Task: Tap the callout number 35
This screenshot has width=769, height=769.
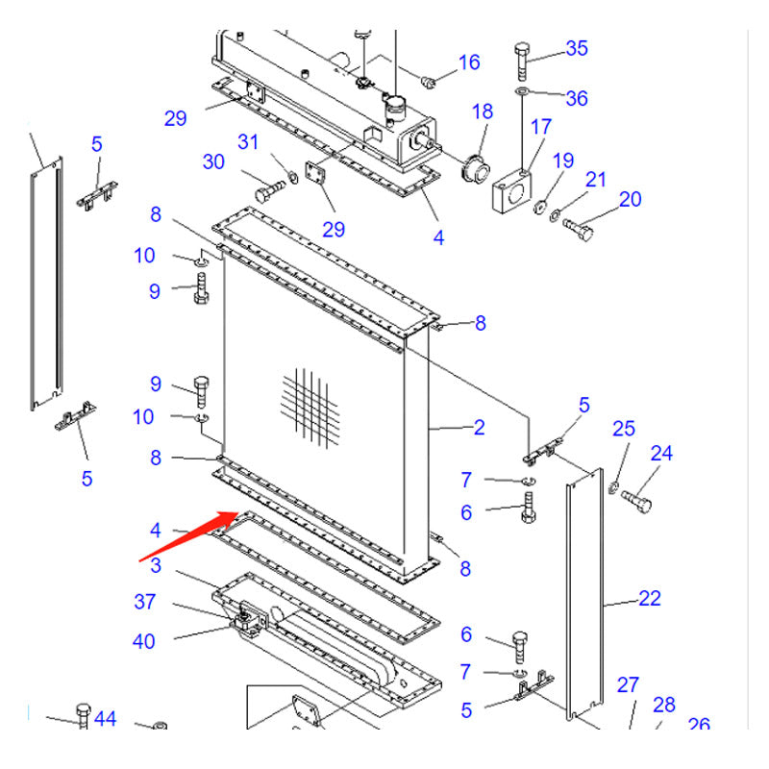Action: [576, 48]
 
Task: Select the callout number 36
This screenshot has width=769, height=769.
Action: [576, 98]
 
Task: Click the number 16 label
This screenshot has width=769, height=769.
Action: [468, 63]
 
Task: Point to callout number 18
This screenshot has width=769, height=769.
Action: [482, 112]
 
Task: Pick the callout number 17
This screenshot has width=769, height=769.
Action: [541, 127]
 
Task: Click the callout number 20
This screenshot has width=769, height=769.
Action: [630, 200]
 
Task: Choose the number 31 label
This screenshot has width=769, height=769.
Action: [249, 142]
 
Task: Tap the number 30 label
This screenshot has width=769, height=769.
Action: [213, 161]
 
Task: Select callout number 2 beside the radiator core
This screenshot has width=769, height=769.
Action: [479, 428]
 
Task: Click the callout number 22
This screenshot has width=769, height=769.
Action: [650, 599]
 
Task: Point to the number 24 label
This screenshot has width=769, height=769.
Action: [661, 453]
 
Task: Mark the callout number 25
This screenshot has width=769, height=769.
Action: [624, 428]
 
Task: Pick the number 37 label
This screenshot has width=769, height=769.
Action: [144, 603]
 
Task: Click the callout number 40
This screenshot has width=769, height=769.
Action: [144, 641]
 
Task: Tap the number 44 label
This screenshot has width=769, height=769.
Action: [106, 718]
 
